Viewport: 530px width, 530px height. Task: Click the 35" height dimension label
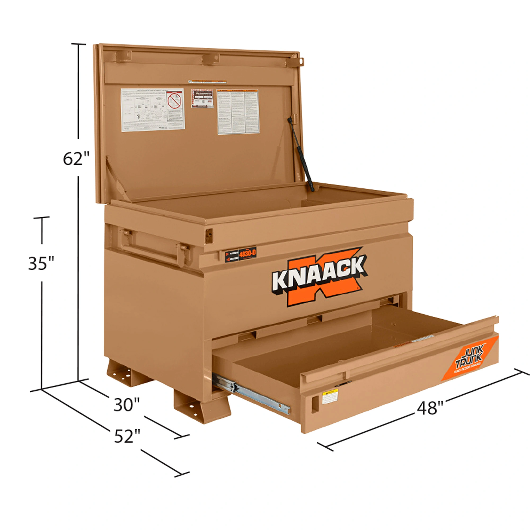click(41, 263)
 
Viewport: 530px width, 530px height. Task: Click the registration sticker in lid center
click(202, 98)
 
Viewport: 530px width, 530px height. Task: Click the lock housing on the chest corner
click(209, 235)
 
